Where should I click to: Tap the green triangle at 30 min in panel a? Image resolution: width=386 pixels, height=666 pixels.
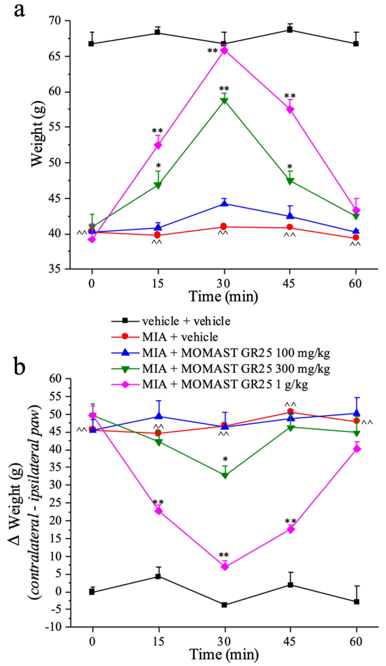click(x=224, y=101)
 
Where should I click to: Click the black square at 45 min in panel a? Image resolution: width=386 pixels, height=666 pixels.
click(x=290, y=30)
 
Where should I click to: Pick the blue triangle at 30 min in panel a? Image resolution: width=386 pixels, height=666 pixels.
click(x=224, y=203)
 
